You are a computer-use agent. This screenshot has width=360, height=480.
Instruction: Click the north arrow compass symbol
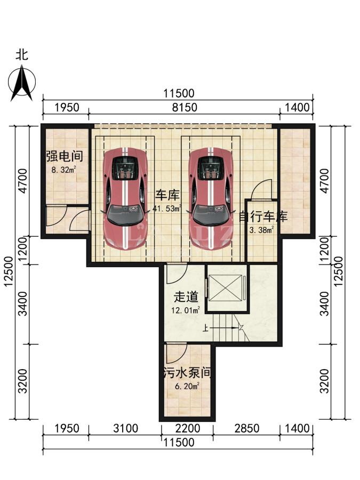[22, 82]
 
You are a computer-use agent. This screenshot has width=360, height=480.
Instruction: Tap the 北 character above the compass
[22, 55]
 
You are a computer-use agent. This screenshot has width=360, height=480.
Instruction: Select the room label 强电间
[65, 156]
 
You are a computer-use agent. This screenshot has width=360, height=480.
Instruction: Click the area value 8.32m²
[63, 169]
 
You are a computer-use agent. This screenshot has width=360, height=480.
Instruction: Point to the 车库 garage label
[167, 195]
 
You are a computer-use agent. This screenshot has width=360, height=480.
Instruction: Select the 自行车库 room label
[263, 217]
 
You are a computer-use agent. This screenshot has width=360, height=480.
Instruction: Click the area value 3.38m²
[261, 230]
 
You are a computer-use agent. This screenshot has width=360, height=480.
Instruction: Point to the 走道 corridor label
[186, 297]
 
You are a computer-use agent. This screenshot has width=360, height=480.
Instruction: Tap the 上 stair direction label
[205, 329]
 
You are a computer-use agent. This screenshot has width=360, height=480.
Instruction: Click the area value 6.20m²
[187, 386]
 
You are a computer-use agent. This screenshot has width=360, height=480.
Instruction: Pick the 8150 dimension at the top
[185, 107]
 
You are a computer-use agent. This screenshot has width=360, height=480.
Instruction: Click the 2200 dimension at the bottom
[188, 428]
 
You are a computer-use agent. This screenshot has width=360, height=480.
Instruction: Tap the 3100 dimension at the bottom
[125, 428]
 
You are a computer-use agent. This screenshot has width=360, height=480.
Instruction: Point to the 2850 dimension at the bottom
[247, 428]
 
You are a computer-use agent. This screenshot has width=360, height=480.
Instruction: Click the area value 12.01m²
[186, 310]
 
